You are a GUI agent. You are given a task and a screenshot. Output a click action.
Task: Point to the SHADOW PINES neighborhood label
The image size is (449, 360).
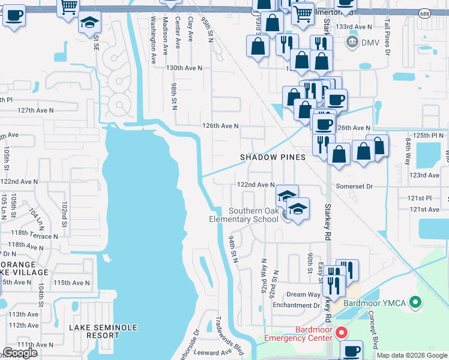[x=273, y=157]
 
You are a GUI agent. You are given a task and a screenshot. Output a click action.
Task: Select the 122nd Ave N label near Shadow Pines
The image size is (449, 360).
[x=256, y=185]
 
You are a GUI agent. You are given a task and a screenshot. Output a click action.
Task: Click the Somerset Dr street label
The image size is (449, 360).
[x=355, y=187]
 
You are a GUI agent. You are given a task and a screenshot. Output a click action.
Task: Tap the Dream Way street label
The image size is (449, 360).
[x=303, y=295]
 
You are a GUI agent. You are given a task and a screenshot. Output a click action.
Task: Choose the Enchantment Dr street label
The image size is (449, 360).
[x=295, y=305]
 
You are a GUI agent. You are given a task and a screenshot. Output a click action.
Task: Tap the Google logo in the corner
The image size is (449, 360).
[x=20, y=353]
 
